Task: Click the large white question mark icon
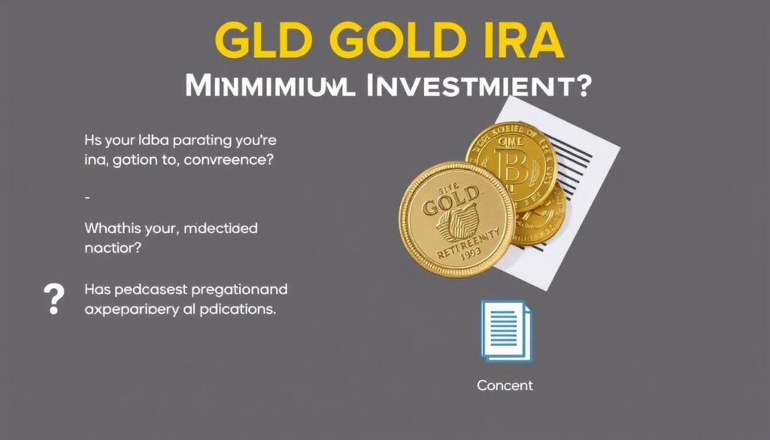point(54,299)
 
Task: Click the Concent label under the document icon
point(505,386)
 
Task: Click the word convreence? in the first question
point(227,160)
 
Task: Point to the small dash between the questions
point(87,197)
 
